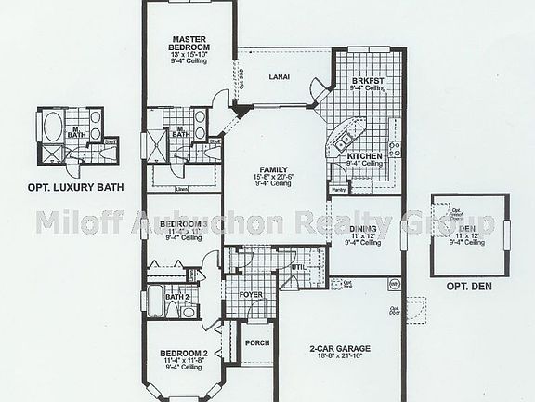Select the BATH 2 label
(x=177, y=298)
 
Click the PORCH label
(x=256, y=342)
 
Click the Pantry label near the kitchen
(x=337, y=189)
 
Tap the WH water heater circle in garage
(x=393, y=284)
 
